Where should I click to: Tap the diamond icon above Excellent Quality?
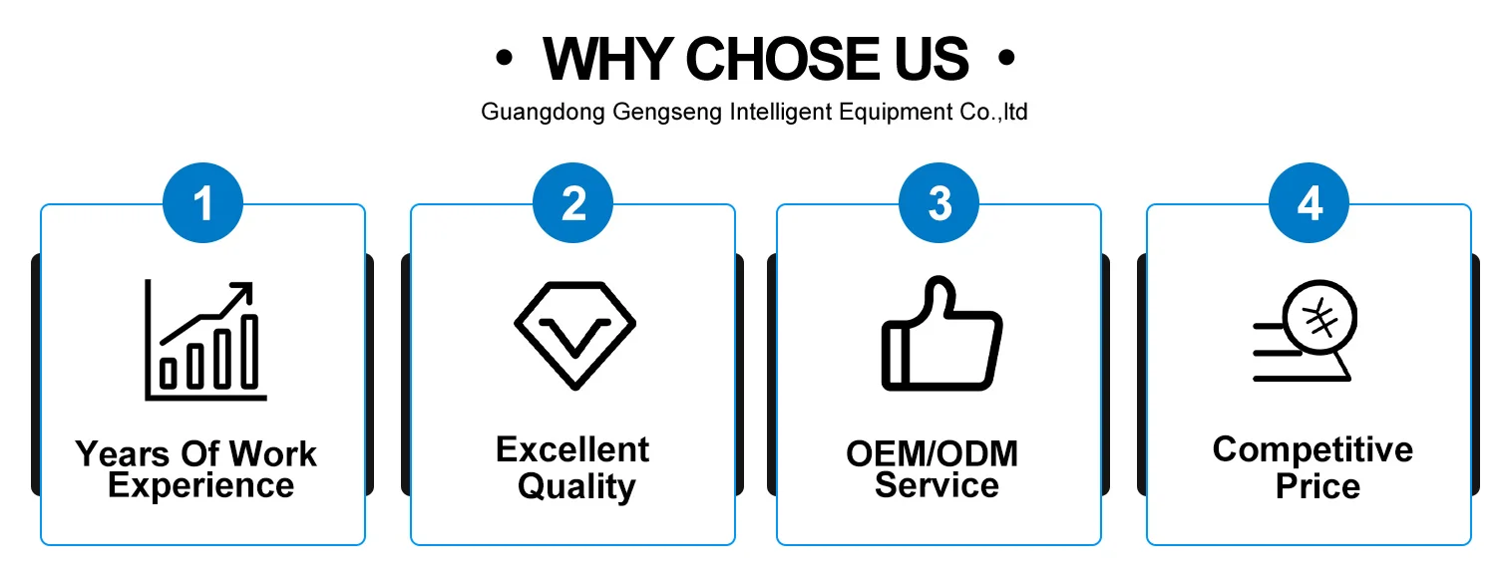click(574, 335)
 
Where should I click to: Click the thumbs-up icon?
click(940, 335)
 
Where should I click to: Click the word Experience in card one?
click(201, 486)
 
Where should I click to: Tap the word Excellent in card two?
click(572, 449)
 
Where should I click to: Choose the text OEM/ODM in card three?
click(932, 453)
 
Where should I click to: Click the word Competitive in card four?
click(1313, 449)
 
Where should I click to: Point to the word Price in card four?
click(1317, 486)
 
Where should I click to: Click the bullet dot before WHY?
click(504, 60)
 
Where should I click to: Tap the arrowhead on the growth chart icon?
click(242, 293)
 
